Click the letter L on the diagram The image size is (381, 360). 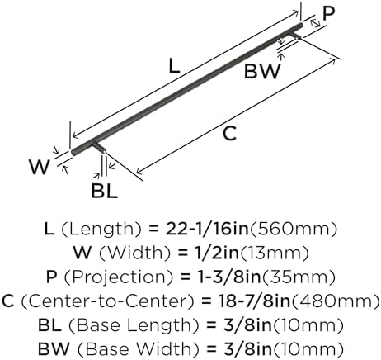point(174,67)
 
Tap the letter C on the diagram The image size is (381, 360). point(229,134)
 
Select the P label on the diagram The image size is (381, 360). point(328,13)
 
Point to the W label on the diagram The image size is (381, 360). point(40,167)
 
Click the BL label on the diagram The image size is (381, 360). point(105,191)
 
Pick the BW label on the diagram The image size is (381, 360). point(262,71)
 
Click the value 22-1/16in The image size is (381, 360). point(207,229)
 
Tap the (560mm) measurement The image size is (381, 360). point(293,230)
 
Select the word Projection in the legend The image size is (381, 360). point(119,277)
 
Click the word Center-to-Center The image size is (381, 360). point(108,301)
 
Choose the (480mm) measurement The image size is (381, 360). point(336,301)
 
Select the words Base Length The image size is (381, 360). point(134,325)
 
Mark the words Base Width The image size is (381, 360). point(138,349)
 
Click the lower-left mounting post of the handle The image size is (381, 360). point(99,146)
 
